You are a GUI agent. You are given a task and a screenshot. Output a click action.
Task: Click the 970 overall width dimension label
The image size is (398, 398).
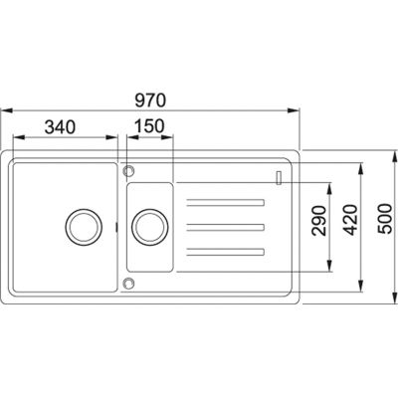(x=150, y=100)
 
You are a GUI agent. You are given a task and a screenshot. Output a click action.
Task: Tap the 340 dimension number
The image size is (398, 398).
(x=60, y=127)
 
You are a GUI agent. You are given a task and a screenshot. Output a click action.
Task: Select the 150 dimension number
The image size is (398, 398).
(x=149, y=126)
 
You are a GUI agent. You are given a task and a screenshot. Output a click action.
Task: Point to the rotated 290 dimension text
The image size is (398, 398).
(x=319, y=221)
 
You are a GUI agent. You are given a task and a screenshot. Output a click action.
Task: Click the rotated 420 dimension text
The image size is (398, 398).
(x=351, y=220)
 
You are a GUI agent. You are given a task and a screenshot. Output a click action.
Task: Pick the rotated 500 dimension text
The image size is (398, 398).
(x=385, y=219)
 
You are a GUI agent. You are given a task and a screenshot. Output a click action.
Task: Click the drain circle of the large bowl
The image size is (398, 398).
(x=84, y=227)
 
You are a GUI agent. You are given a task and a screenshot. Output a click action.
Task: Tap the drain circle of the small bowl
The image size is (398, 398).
(x=150, y=227)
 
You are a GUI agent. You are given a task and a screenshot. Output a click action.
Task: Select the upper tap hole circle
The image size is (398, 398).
(x=128, y=171)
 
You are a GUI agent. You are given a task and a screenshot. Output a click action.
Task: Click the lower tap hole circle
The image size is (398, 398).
(x=128, y=283)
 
